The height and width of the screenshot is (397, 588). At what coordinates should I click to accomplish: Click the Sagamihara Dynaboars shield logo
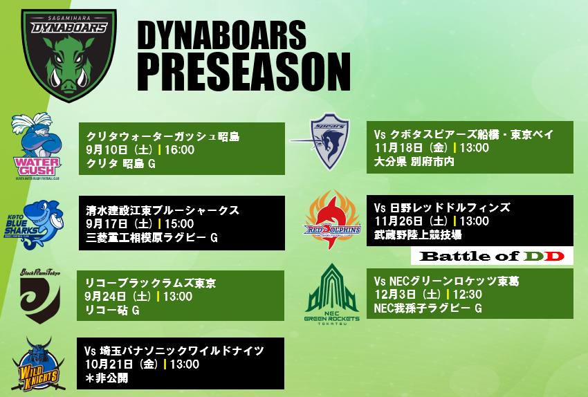click(68, 55)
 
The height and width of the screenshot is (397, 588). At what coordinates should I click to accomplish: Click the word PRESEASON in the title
click(244, 71)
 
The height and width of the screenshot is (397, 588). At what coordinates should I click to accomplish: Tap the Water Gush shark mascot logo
click(37, 146)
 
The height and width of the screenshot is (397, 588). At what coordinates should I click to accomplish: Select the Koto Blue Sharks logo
click(34, 224)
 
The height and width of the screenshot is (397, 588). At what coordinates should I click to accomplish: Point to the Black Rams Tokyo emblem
click(40, 296)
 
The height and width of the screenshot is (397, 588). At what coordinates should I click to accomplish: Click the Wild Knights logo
click(38, 364)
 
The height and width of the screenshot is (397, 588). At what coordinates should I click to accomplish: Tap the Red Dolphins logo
click(332, 220)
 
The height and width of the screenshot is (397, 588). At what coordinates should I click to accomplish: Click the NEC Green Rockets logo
click(332, 294)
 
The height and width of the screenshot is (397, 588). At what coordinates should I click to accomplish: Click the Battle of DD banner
click(492, 256)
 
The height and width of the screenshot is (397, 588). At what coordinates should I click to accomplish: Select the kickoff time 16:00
click(179, 150)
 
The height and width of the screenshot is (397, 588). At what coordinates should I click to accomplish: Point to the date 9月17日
click(106, 224)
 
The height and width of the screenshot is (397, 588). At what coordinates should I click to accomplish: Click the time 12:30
click(467, 294)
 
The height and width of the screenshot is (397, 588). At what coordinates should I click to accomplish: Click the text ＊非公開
click(107, 378)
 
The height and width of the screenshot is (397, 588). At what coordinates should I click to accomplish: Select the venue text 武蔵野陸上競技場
click(418, 235)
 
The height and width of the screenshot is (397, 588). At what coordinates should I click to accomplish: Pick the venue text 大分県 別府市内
click(414, 162)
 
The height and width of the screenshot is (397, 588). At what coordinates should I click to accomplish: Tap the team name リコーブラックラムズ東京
click(150, 283)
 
